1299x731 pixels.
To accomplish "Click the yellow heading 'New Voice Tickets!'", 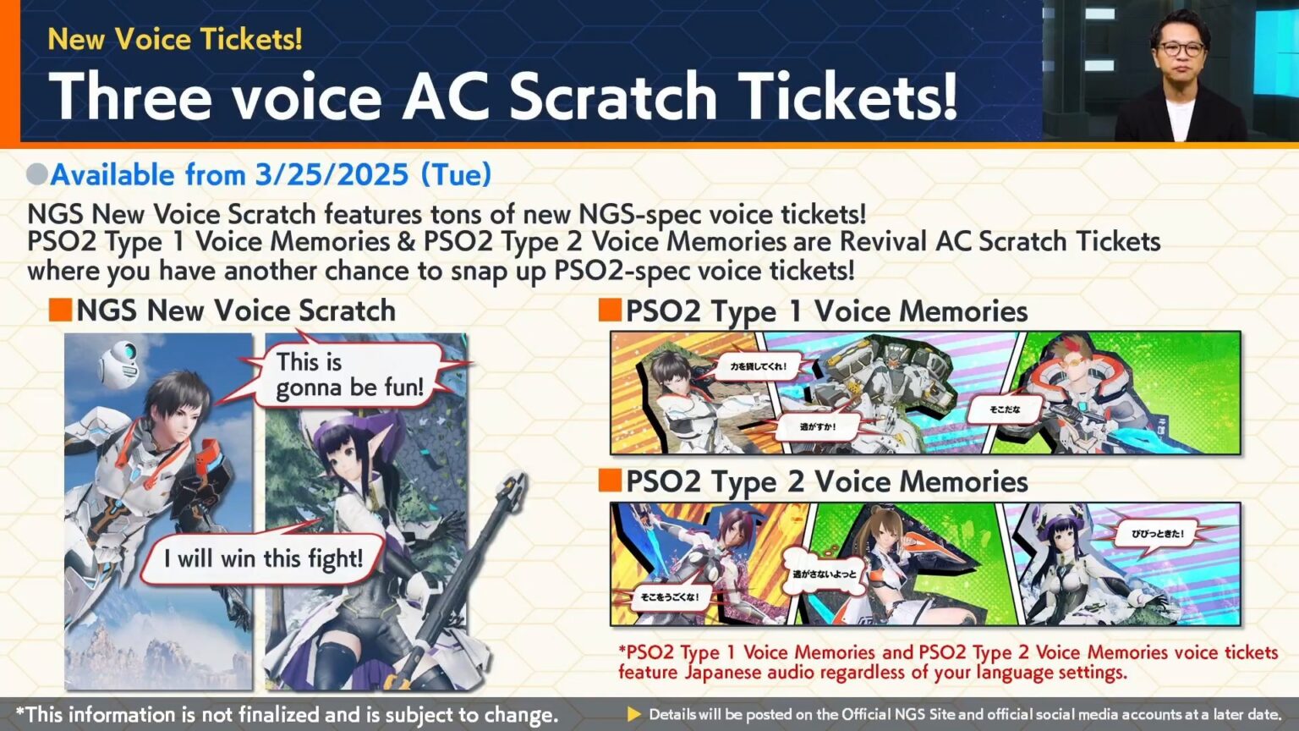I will pos(174,39).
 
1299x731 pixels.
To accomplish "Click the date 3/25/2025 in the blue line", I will pos(332,175).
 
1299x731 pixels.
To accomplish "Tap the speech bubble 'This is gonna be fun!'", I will pos(348,374).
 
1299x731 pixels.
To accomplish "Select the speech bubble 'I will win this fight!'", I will pos(263,558).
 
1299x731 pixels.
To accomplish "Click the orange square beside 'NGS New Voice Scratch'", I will pos(60,310).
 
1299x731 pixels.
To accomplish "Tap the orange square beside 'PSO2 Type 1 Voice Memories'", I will pos(610,311).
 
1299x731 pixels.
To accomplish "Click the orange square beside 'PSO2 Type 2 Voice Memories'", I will pos(610,481).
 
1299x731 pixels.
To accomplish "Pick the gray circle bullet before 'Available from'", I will pos(37,174).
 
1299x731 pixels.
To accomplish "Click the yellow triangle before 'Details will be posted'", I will pos(633,714).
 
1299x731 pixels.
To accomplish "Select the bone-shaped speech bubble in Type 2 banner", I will pos(823,573).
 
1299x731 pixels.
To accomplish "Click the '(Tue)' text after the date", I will pos(457,175).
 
